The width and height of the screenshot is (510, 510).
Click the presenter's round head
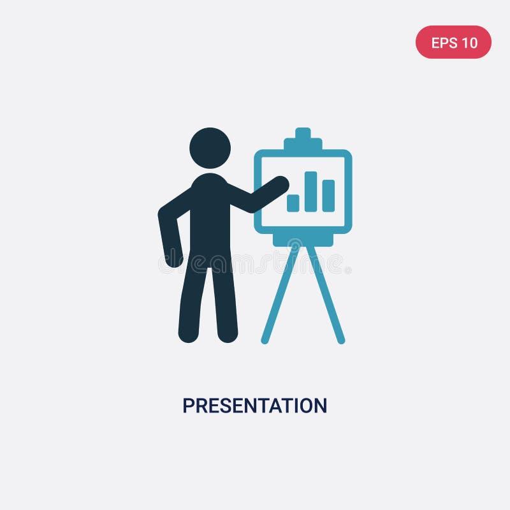[210, 148]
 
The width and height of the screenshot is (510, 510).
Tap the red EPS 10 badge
[453, 42]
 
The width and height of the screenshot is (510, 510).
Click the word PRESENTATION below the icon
[254, 405]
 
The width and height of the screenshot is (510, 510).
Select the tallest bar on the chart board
[310, 191]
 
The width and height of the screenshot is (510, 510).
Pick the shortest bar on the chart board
[293, 203]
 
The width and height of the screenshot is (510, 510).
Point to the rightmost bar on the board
[328, 196]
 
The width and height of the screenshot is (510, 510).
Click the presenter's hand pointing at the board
[279, 184]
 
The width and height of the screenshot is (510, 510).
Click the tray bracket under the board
[303, 240]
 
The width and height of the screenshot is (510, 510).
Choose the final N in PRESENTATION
[320, 406]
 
